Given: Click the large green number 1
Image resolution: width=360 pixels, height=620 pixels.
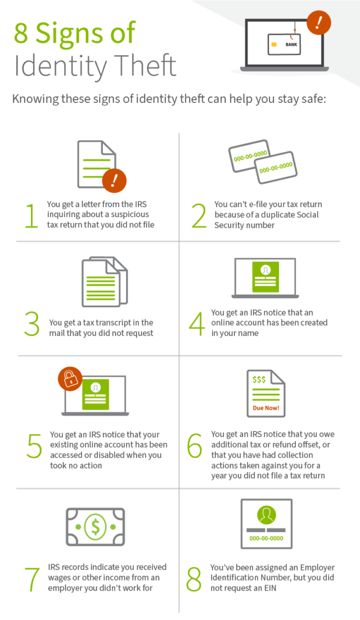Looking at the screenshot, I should click(x=32, y=216).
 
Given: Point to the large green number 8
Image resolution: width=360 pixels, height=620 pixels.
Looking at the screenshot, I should click(x=194, y=578).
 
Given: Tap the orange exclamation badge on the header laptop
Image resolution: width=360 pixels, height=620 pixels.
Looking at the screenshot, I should click(x=319, y=24).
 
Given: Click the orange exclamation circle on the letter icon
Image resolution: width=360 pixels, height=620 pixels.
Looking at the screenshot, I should click(x=115, y=181).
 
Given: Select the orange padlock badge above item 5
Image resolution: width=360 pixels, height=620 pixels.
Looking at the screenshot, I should click(x=70, y=379).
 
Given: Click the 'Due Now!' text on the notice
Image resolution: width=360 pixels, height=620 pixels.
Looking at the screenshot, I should click(x=266, y=408).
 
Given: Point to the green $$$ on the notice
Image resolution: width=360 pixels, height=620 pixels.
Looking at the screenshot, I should click(x=259, y=380).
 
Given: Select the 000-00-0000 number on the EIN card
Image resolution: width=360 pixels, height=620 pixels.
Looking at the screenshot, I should click(x=266, y=538).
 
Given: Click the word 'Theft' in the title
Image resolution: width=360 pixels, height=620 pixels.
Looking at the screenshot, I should click(x=146, y=66).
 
